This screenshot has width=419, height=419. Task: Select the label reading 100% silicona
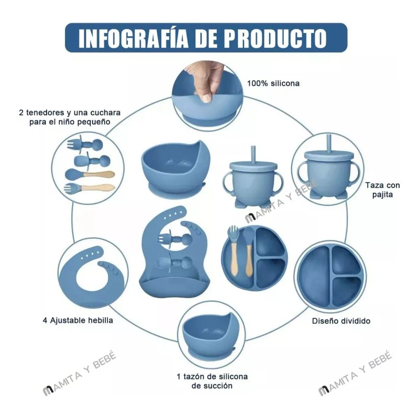point(273,83)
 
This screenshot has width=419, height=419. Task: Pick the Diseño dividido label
point(341,321)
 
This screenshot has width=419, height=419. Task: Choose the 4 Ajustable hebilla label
point(78,319)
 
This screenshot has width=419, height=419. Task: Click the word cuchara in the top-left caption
point(104,113)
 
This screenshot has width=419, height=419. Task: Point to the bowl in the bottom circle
point(208,335)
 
